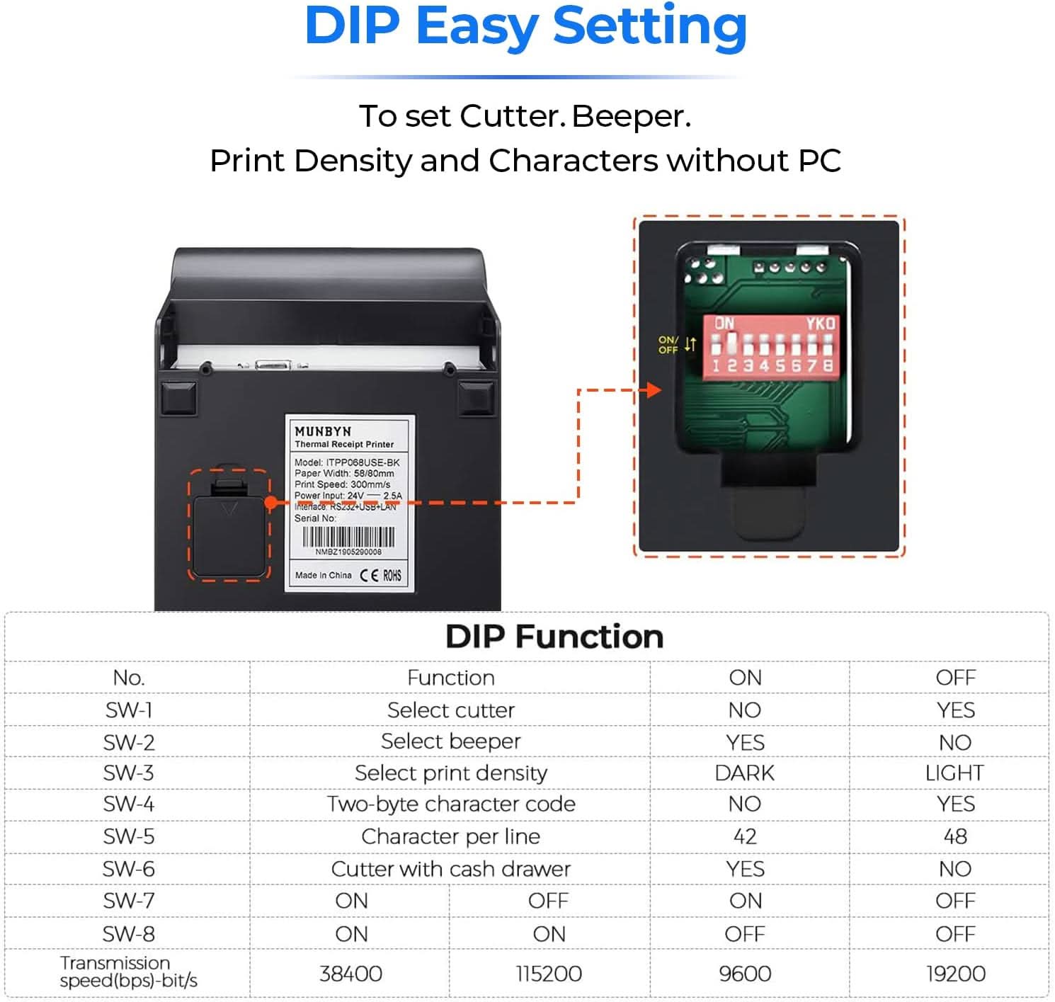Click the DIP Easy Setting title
coord(525,27)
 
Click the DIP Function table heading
coord(554,637)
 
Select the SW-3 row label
coord(128,773)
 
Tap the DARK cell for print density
coord(744,773)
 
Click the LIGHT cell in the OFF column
coord(954,773)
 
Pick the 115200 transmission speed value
coord(548,974)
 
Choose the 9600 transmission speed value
coord(744,974)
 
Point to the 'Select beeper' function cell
coord(450,741)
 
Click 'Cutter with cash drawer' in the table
coord(450,869)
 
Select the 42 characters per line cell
coord(744,836)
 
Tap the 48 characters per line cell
coord(954,836)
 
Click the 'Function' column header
coord(450,678)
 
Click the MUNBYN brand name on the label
coord(323,431)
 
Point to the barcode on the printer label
coord(348,537)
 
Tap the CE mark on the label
coord(369,575)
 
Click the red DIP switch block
coord(771,346)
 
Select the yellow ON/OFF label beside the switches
coord(668,345)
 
